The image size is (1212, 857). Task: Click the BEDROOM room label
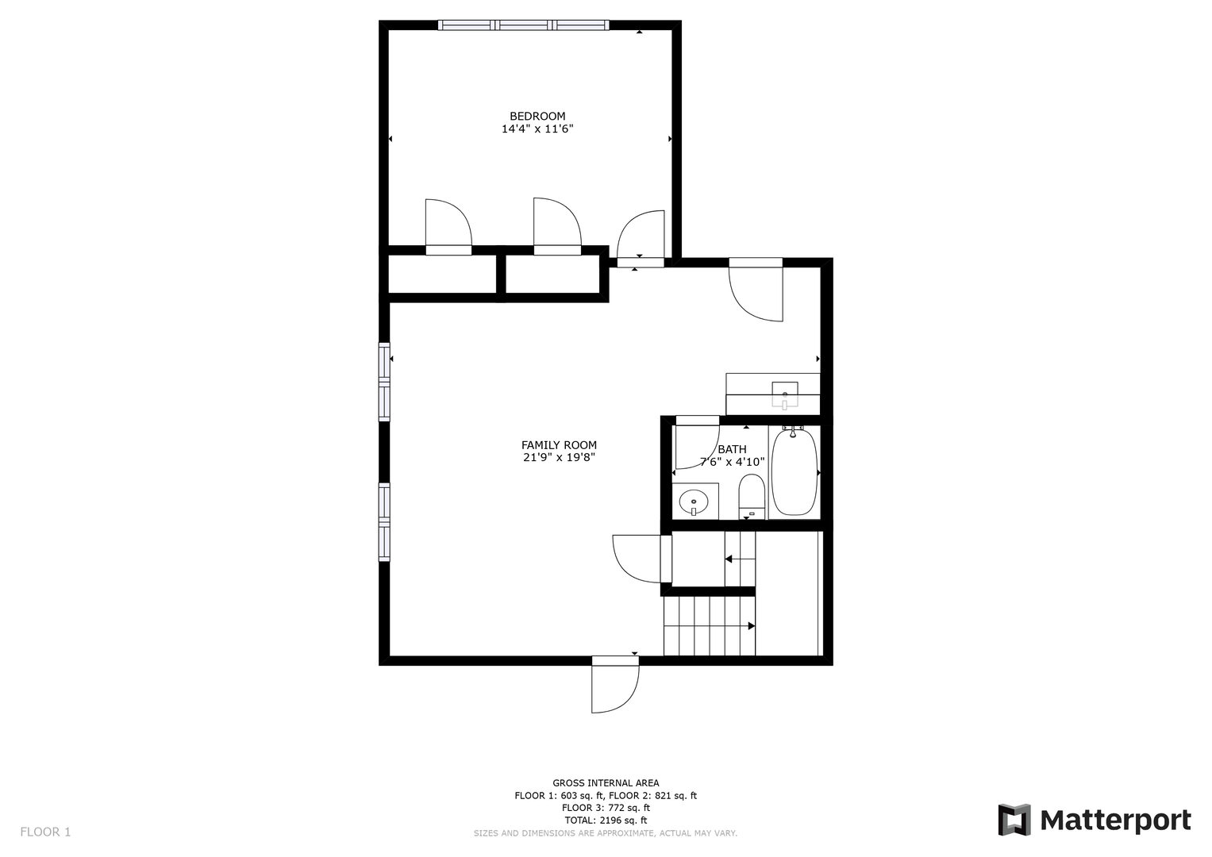tap(537, 116)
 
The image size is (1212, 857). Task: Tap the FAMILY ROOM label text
tap(559, 444)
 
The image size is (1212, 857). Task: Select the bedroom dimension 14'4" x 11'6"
tap(537, 129)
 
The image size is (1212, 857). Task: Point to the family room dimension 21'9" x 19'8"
tap(559, 458)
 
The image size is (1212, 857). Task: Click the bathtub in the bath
tap(794, 472)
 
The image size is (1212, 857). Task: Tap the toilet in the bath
tap(751, 497)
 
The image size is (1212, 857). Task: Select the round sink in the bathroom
tap(694, 502)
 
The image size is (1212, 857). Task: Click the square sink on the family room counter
tap(784, 394)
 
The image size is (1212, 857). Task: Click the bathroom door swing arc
tap(706, 458)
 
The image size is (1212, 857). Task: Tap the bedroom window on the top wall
tap(523, 25)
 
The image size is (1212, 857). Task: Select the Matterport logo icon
tap(1014, 820)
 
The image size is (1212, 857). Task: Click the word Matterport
tap(1116, 820)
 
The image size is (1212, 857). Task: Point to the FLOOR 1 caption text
tap(45, 832)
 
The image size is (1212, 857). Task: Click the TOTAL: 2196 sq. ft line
tap(606, 820)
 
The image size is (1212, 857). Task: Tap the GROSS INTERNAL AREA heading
tap(606, 783)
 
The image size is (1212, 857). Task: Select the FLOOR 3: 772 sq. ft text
tap(606, 808)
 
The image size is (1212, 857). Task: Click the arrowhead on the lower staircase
tap(752, 626)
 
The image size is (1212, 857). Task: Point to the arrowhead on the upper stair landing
tap(729, 559)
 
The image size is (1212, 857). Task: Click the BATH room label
tap(732, 449)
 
